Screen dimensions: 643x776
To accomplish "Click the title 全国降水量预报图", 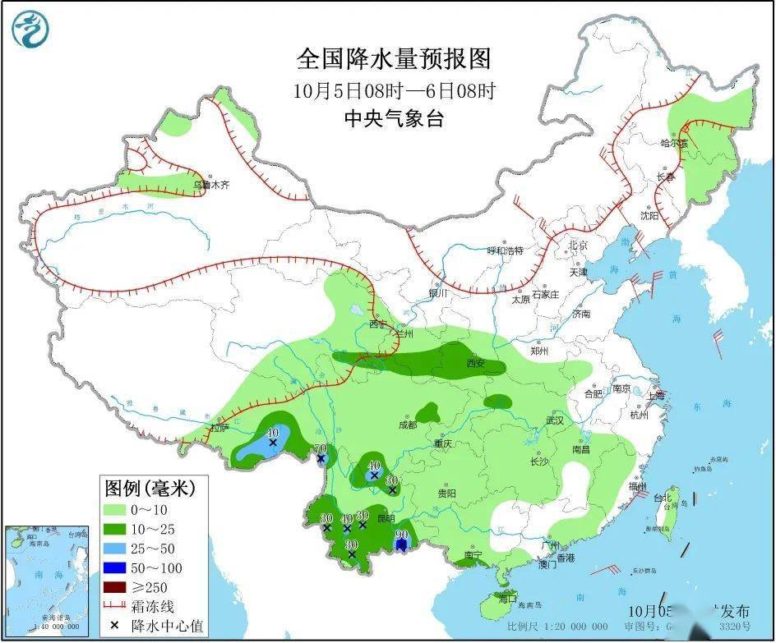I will pos(394,59).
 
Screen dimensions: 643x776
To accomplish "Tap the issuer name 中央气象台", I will pos(394,118).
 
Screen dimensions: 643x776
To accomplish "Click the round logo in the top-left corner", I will pos(30,30).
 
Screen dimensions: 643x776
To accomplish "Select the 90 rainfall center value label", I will pos(402,534).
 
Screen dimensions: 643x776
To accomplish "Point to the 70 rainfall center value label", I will pos(321,448).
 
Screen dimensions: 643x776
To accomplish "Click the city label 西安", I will pos(477,363).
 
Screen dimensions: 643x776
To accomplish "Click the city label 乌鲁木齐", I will pos(211,186).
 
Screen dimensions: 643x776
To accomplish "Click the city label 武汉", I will pos(555,420).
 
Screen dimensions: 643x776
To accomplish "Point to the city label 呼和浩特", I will pos(505,250).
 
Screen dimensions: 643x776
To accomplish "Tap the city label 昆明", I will pos(386,518).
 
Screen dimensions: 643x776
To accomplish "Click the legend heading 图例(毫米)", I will pos(149,489).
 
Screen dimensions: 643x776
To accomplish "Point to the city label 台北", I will pos(663,498).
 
